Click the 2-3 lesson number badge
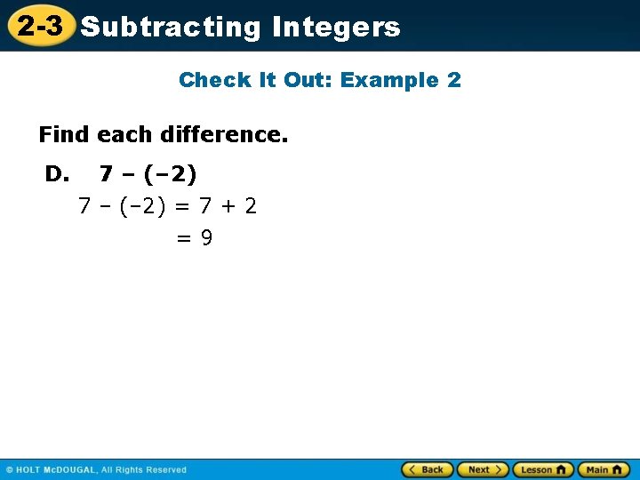(x=39, y=26)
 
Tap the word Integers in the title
(x=336, y=27)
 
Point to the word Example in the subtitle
(x=389, y=80)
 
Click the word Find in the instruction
(x=64, y=134)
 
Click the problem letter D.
(x=57, y=173)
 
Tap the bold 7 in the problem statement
(x=106, y=173)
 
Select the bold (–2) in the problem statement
(x=170, y=173)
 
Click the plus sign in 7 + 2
(x=228, y=206)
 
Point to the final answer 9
(x=206, y=238)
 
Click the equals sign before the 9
(x=183, y=238)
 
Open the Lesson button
(x=542, y=469)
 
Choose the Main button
(x=604, y=469)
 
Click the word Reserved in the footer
(x=166, y=470)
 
